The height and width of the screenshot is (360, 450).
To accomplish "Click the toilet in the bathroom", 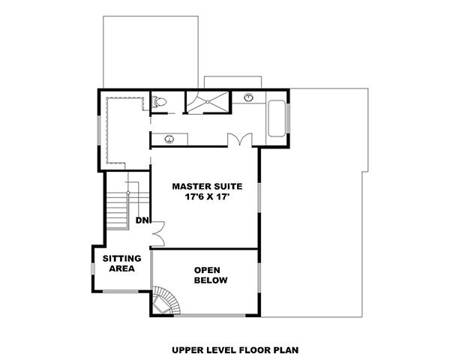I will (159, 102).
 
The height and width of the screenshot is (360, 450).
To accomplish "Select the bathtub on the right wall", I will (276, 118).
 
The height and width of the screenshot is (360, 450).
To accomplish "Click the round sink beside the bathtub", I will (248, 97).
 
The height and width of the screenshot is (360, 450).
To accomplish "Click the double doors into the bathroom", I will (238, 140).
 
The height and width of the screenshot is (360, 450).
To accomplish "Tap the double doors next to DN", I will (157, 232).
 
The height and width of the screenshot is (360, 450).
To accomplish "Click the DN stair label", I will (142, 220).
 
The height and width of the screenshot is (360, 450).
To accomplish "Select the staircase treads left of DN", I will (116, 210).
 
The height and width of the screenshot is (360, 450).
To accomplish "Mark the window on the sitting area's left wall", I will (93, 268).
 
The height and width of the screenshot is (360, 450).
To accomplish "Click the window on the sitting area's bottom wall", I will (120, 291).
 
